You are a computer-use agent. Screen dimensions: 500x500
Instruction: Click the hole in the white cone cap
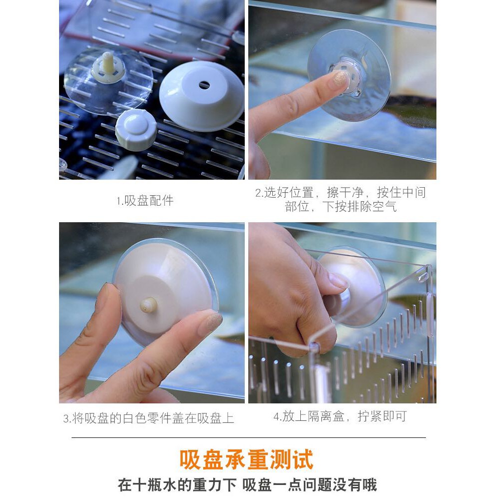pos(204,85)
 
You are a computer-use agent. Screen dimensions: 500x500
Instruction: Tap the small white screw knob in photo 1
pos(136,130)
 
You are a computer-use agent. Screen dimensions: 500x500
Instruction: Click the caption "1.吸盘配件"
pos(145,201)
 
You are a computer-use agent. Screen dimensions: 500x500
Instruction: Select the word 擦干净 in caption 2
pos(345,192)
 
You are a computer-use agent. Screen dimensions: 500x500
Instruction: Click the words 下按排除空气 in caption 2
pos(360,207)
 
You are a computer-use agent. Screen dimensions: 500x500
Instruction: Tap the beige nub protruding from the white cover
pos(149,305)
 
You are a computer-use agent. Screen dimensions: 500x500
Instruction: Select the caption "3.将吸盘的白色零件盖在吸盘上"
pos(149,418)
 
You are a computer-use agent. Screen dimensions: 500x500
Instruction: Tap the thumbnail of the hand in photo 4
pos(338,280)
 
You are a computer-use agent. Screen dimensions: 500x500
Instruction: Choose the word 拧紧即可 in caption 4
pos(382,416)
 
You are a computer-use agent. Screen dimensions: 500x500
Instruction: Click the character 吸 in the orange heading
pos(190,459)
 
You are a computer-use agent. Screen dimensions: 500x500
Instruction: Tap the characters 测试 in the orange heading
pos(292,459)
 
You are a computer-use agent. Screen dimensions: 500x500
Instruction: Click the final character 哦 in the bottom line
pos(369,485)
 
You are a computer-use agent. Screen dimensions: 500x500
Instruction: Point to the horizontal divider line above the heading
pos(249,438)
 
